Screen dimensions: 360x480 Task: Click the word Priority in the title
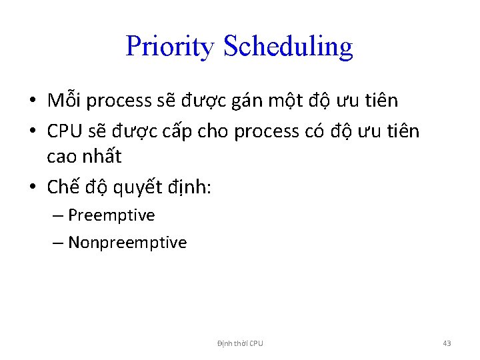[170, 46]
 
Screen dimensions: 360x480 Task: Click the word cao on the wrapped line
[60, 157]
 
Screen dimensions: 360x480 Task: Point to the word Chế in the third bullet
[63, 187]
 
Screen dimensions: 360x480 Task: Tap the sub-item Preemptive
[111, 216]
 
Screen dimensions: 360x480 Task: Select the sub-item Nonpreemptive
[127, 243]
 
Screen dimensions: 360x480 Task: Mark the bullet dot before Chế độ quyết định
[32, 189]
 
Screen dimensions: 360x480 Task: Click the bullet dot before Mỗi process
[32, 101]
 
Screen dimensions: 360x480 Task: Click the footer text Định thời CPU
[240, 343]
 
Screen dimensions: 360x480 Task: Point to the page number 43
[447, 343]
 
